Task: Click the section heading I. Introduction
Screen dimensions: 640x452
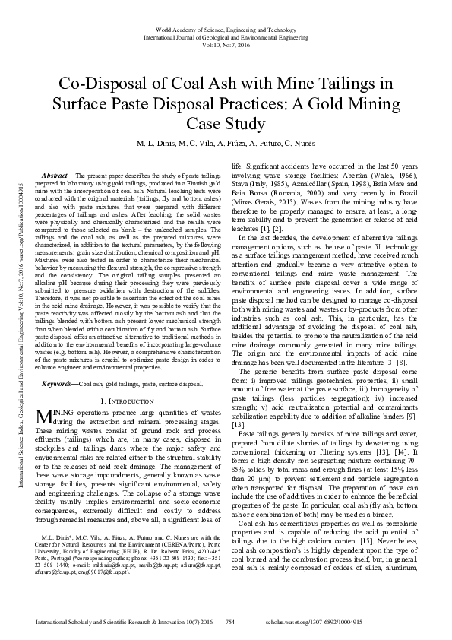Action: [128, 379]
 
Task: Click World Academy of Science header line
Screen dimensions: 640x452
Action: [226, 29]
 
